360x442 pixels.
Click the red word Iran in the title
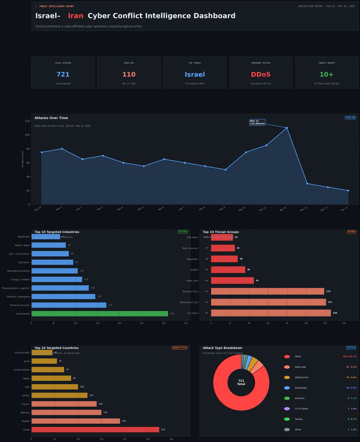click(x=75, y=16)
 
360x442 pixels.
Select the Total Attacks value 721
click(x=63, y=75)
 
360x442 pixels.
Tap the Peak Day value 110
click(x=129, y=75)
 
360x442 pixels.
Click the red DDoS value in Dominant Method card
click(x=261, y=75)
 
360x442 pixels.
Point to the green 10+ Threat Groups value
click(x=327, y=75)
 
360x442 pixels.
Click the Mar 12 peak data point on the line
click(x=287, y=128)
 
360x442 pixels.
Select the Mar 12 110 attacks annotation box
click(x=257, y=122)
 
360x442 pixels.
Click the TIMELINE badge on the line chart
click(x=350, y=117)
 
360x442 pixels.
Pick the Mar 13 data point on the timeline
click(x=307, y=184)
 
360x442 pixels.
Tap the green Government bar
click(x=99, y=314)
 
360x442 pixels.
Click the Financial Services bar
click(x=69, y=305)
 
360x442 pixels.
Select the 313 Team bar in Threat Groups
click(x=271, y=313)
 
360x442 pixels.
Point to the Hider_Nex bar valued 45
click(x=232, y=281)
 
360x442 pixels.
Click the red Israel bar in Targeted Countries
click(x=95, y=429)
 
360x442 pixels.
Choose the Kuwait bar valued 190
click(x=75, y=421)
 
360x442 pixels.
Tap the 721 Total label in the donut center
click(x=241, y=382)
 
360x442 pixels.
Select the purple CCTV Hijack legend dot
click(x=287, y=408)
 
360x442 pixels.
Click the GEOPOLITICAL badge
click(x=180, y=348)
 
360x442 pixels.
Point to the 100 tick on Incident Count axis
click(x=28, y=135)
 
